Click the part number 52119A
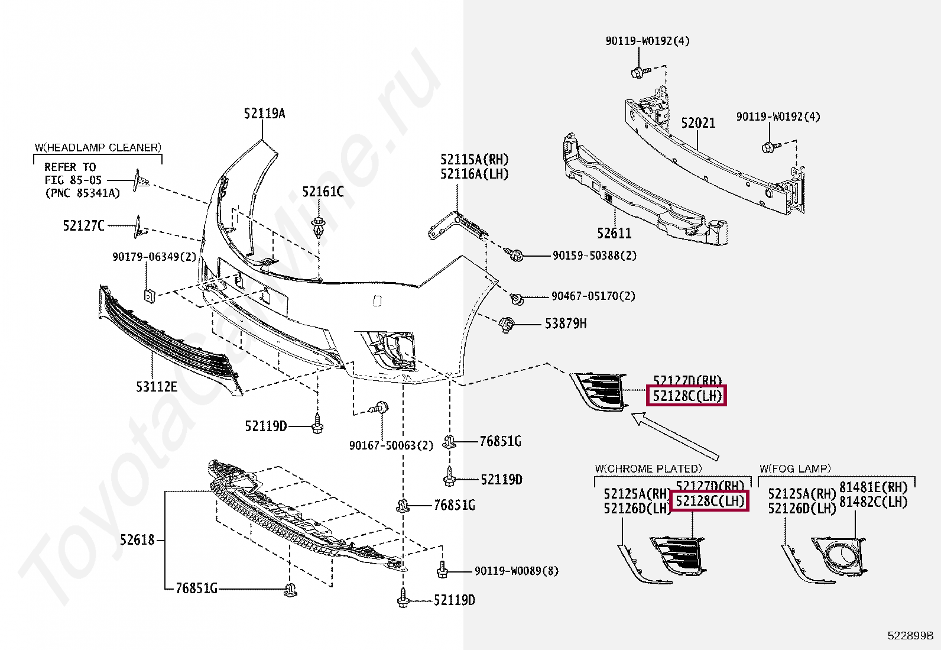[264, 114]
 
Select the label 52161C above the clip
[323, 192]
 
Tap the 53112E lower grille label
[156, 387]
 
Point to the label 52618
[137, 539]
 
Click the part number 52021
[698, 123]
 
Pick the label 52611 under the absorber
[614, 234]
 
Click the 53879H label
[566, 324]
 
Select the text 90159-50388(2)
[595, 256]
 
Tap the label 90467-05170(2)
[593, 296]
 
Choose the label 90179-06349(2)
[154, 257]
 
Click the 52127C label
[83, 225]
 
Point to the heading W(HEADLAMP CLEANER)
[98, 147]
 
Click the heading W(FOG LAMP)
[795, 468]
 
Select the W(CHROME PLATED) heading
[648, 468]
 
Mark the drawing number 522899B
[910, 636]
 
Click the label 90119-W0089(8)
[516, 571]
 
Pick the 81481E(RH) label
[873, 487]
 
